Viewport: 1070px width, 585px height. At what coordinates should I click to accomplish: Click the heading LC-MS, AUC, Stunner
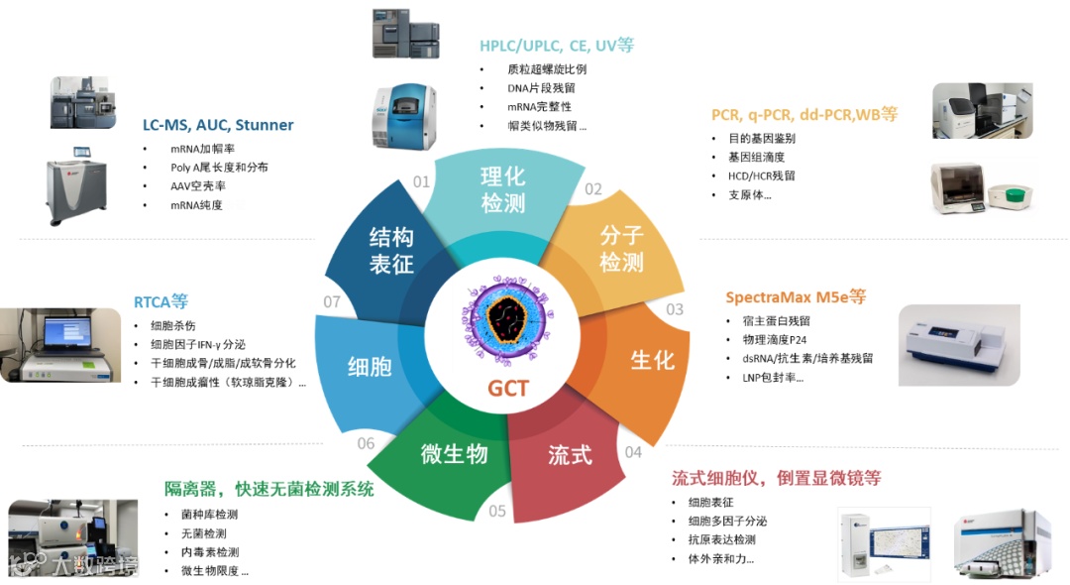click(218, 125)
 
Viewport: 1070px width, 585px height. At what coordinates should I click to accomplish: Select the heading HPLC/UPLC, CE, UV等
click(557, 46)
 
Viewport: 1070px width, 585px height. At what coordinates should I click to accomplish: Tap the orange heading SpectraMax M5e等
click(796, 296)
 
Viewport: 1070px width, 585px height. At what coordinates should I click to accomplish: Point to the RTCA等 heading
click(160, 301)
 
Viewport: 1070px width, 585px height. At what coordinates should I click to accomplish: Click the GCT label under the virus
click(507, 389)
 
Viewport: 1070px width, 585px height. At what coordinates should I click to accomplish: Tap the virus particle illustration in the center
click(507, 317)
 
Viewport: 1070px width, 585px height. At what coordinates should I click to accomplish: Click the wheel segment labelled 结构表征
click(391, 250)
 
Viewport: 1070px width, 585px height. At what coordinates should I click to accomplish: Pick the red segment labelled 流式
click(570, 455)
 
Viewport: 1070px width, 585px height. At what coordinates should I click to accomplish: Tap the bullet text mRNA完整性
click(539, 107)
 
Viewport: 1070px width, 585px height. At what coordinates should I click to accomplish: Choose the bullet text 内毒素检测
click(209, 552)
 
